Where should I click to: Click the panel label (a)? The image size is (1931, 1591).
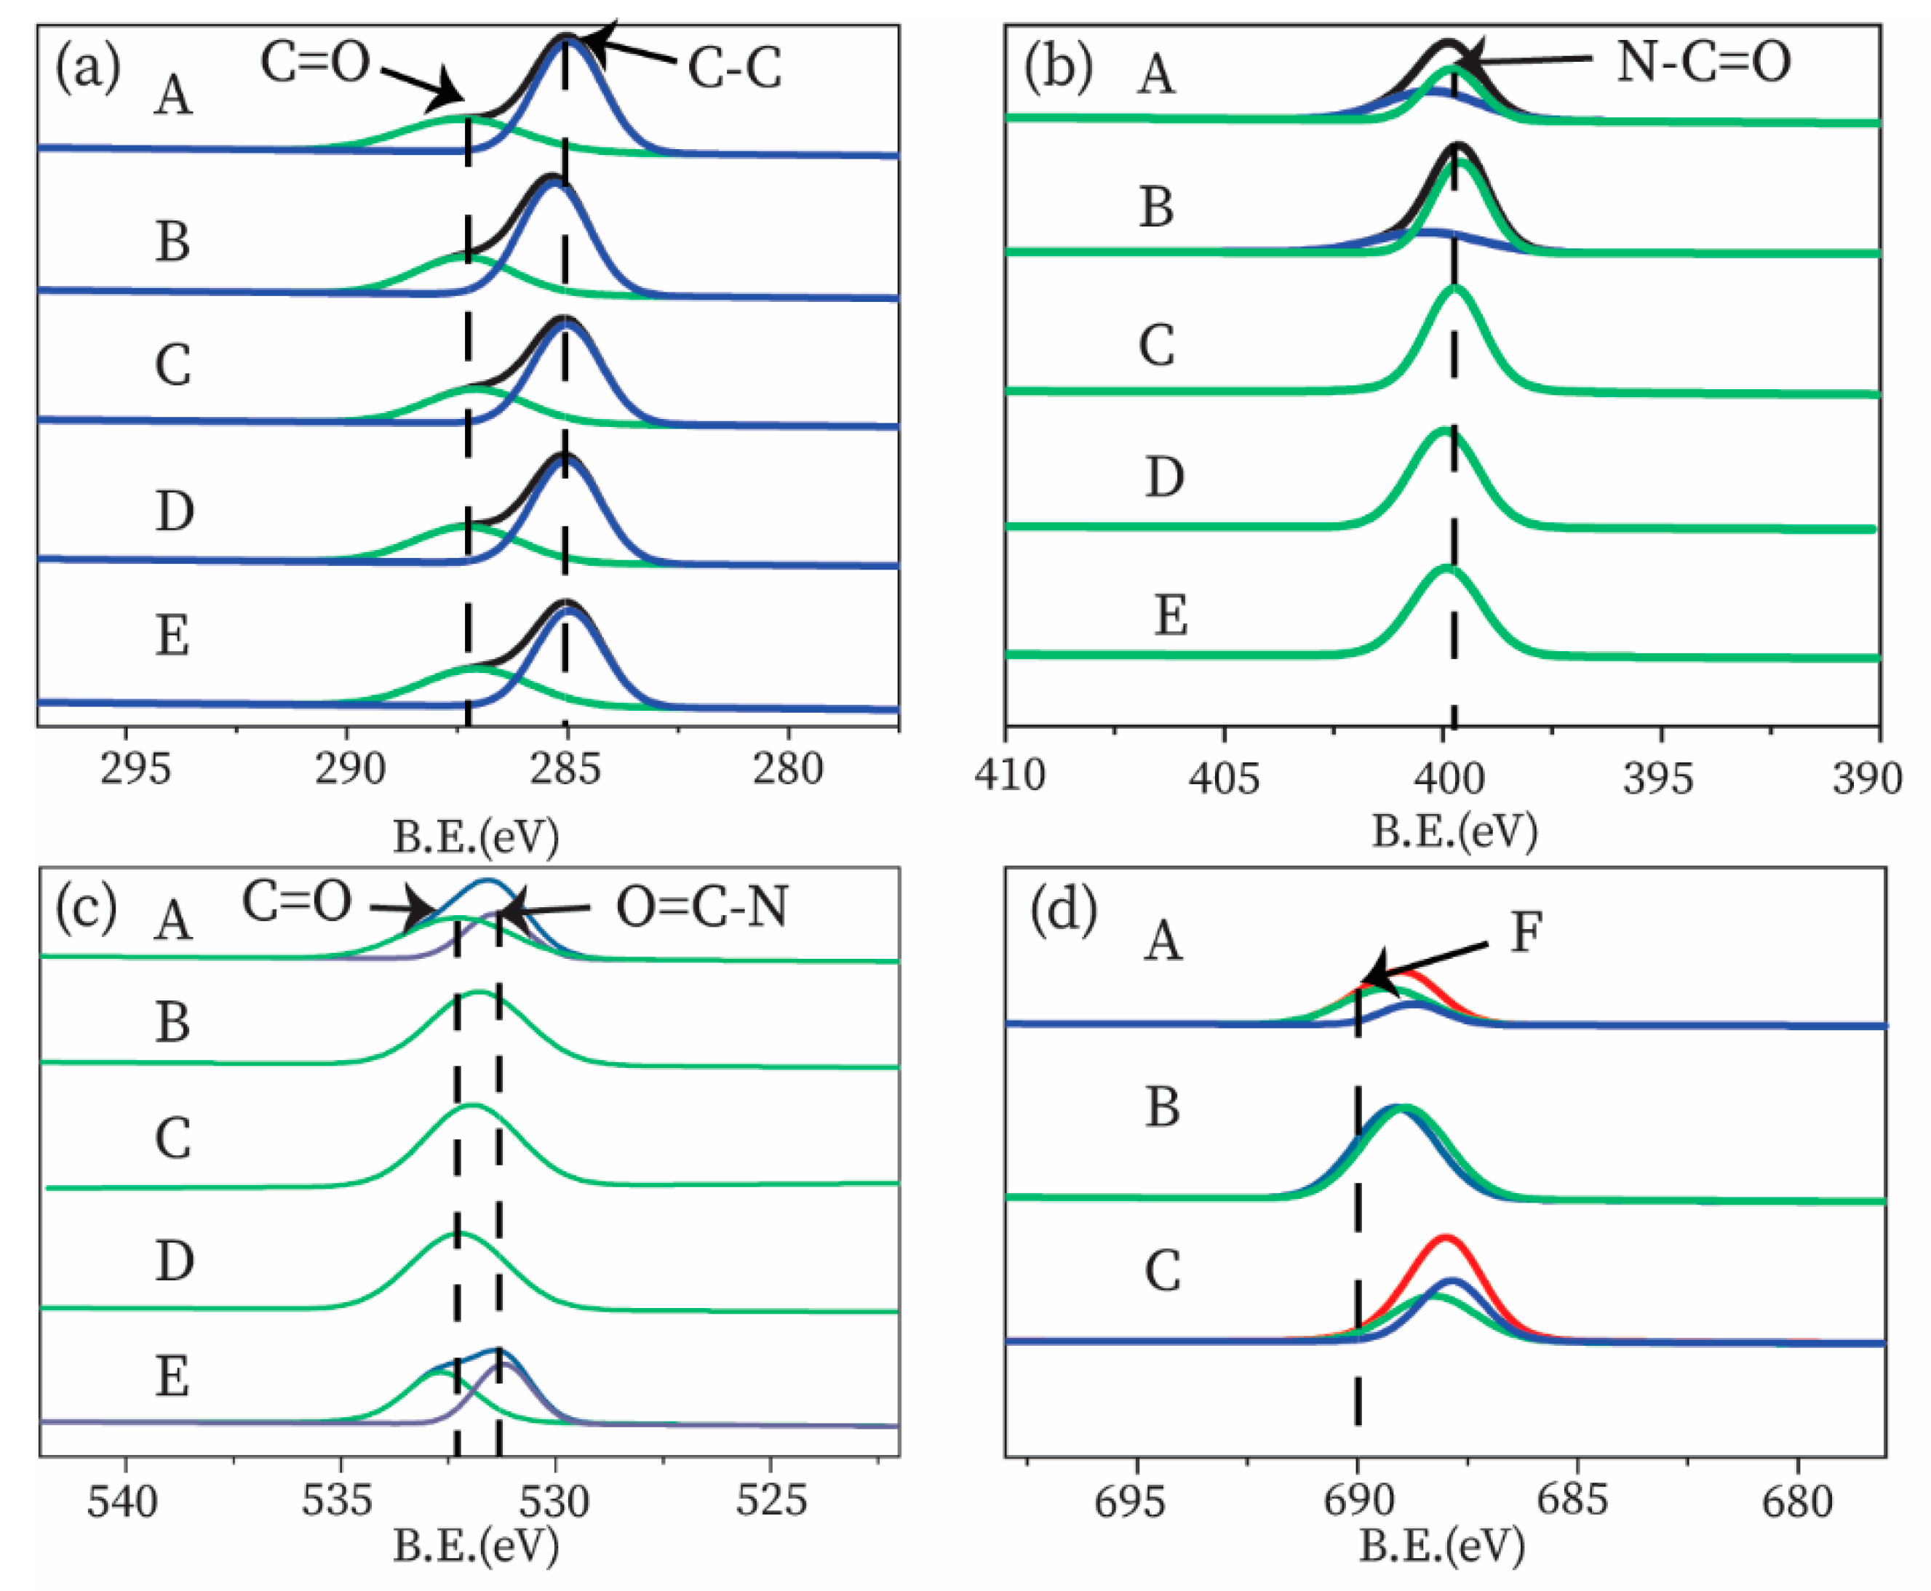87,68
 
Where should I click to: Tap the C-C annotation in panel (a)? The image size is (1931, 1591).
735,68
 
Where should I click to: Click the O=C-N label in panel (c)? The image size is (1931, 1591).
702,907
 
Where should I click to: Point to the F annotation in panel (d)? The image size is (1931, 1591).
1526,932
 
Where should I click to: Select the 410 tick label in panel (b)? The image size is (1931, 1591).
1009,775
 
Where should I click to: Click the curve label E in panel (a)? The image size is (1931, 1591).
172,634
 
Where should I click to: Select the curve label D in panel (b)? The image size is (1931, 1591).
1164,476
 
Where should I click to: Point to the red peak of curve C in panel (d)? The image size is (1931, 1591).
1444,1238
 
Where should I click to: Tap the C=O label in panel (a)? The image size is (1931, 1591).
314,63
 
